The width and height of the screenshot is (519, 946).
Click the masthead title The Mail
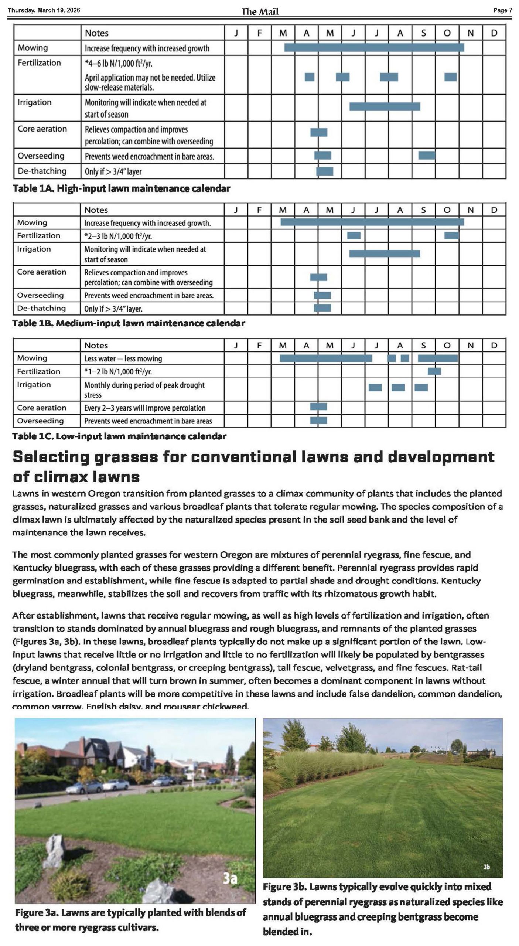click(259, 11)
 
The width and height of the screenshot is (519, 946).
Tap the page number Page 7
click(502, 10)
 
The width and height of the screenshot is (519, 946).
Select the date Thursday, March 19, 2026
click(44, 10)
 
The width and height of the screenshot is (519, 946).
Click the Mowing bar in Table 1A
click(374, 48)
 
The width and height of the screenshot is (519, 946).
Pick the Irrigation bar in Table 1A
click(385, 106)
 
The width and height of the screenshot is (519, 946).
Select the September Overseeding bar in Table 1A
click(427, 156)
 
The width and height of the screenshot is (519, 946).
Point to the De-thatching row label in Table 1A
click(42, 171)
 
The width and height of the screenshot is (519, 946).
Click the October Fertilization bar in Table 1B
click(451, 235)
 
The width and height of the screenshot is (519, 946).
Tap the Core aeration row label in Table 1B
click(41, 272)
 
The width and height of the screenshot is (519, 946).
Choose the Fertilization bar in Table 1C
click(434, 371)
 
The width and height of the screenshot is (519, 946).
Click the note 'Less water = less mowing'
click(123, 358)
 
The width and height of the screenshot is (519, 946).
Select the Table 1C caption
click(119, 436)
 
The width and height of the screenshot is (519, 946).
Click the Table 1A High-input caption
click(121, 188)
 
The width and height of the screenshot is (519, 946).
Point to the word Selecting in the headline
click(51, 457)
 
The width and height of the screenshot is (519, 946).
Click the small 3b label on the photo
click(487, 867)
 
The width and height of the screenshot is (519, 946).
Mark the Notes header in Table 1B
click(96, 210)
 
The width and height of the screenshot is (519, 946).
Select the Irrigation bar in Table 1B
click(385, 253)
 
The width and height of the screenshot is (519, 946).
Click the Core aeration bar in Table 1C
click(318, 407)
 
